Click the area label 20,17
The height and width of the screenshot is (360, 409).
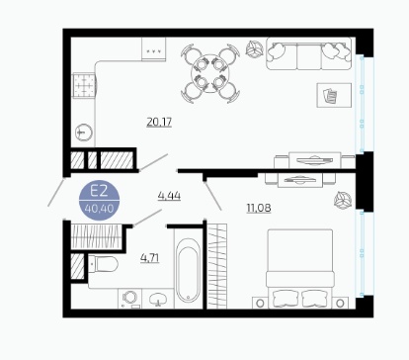[x=159, y=123]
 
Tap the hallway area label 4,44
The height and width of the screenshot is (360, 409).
[x=169, y=196]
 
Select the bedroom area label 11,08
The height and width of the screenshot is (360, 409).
[x=259, y=208]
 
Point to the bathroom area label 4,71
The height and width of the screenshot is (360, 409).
[x=150, y=258]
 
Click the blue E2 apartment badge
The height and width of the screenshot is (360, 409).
[x=99, y=200]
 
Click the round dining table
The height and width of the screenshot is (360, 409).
[x=209, y=73]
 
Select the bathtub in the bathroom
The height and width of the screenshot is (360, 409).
[x=188, y=271]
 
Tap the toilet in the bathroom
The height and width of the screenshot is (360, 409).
[x=103, y=264]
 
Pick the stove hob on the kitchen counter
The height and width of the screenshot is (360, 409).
[x=84, y=85]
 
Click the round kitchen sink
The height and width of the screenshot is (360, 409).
[x=84, y=133]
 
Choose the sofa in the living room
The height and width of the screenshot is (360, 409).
[x=309, y=53]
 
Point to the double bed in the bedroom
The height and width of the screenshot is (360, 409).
[x=300, y=269]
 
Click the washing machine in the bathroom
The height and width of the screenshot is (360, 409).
[x=130, y=298]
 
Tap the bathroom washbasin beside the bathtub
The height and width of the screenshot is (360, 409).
[x=158, y=299]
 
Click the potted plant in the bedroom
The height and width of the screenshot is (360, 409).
[x=343, y=200]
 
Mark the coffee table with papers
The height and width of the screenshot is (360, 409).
[x=334, y=95]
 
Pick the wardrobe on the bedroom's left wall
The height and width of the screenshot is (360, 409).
[x=217, y=266]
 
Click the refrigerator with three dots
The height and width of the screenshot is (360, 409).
[x=154, y=48]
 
